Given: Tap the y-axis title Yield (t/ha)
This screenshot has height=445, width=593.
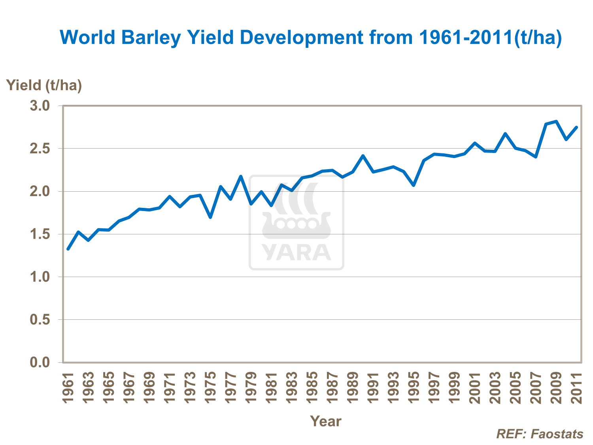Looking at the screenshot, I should pyautogui.click(x=44, y=85).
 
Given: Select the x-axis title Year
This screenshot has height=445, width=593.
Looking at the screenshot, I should pyautogui.click(x=325, y=421).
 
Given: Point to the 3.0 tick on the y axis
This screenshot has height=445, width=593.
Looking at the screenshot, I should pyautogui.click(x=40, y=106).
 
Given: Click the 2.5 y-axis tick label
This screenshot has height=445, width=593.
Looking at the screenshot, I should pyautogui.click(x=40, y=149).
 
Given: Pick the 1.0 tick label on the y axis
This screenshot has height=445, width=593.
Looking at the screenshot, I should pyautogui.click(x=40, y=277).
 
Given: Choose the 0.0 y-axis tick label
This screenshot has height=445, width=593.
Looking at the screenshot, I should pyautogui.click(x=40, y=362).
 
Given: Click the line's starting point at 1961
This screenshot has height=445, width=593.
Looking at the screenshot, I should pyautogui.click(x=68, y=249).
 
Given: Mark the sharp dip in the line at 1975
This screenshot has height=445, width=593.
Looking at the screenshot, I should pyautogui.click(x=210, y=217).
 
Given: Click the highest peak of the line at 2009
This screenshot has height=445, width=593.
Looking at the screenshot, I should pyautogui.click(x=556, y=121).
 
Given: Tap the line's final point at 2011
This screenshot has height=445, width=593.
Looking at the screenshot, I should pyautogui.click(x=576, y=127).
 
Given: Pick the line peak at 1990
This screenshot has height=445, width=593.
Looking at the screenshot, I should pyautogui.click(x=363, y=156).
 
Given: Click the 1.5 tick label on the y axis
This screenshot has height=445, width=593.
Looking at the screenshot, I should pyautogui.click(x=40, y=234).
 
